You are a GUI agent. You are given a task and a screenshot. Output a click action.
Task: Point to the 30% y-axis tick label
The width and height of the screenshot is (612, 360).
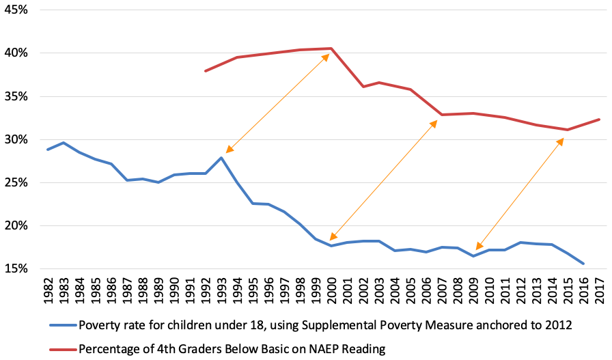point(16,139)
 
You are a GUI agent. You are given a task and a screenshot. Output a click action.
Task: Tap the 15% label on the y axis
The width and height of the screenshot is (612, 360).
point(16,268)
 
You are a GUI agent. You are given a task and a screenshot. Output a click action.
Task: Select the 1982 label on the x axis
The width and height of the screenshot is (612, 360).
point(48,291)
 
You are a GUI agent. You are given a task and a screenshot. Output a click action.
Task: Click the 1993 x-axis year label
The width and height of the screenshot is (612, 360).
point(221,291)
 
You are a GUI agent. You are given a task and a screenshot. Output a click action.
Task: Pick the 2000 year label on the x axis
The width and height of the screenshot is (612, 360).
point(331,291)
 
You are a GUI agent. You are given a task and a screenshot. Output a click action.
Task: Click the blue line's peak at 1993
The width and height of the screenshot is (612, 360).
point(221,158)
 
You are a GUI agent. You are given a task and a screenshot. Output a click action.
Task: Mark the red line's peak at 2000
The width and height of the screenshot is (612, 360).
point(331,49)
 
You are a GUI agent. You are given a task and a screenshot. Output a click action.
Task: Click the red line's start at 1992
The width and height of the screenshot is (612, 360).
point(205,71)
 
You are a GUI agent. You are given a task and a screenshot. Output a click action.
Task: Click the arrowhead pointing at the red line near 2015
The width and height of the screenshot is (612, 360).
point(561,141)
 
